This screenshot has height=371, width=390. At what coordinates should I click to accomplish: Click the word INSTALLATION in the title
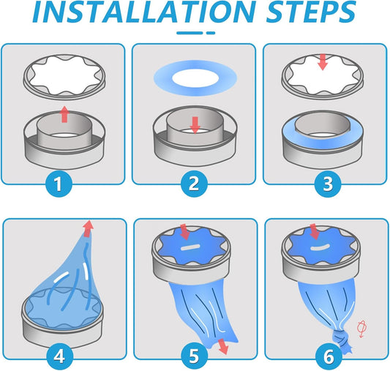144,12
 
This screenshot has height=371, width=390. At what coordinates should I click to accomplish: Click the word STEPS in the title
311,12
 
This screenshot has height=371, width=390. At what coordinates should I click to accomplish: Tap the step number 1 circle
59,184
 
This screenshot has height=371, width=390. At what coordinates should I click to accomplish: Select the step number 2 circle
194,184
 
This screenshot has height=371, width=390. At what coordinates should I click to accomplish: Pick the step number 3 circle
328,184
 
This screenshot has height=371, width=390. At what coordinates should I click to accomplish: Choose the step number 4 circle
60,356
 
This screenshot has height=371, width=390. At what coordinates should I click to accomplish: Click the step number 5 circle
194,356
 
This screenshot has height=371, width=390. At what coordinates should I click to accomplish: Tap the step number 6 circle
329,356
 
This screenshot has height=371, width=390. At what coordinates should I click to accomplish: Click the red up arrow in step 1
64,114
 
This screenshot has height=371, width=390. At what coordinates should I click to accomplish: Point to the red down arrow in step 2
195,125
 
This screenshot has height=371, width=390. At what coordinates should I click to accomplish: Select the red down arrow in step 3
323,62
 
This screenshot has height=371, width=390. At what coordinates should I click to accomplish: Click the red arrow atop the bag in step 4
88,228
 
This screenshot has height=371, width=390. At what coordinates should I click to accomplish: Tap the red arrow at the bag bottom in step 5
223,346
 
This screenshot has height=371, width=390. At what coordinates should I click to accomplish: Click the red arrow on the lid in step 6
315,231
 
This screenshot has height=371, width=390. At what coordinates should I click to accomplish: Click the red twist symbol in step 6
361,329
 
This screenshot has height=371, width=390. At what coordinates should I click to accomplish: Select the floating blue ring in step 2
195,78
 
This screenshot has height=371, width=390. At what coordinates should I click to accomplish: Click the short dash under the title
211,33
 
